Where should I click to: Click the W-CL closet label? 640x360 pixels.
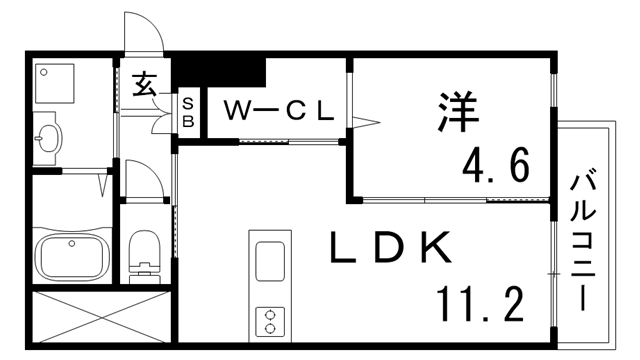[x=277, y=111]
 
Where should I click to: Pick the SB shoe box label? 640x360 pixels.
[x=187, y=112]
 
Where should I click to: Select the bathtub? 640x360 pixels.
[x=72, y=259]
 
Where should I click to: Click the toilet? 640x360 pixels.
[x=144, y=252]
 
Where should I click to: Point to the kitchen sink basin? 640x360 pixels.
[x=270, y=262]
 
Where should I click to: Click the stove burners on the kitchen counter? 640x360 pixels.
[x=269, y=320]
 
